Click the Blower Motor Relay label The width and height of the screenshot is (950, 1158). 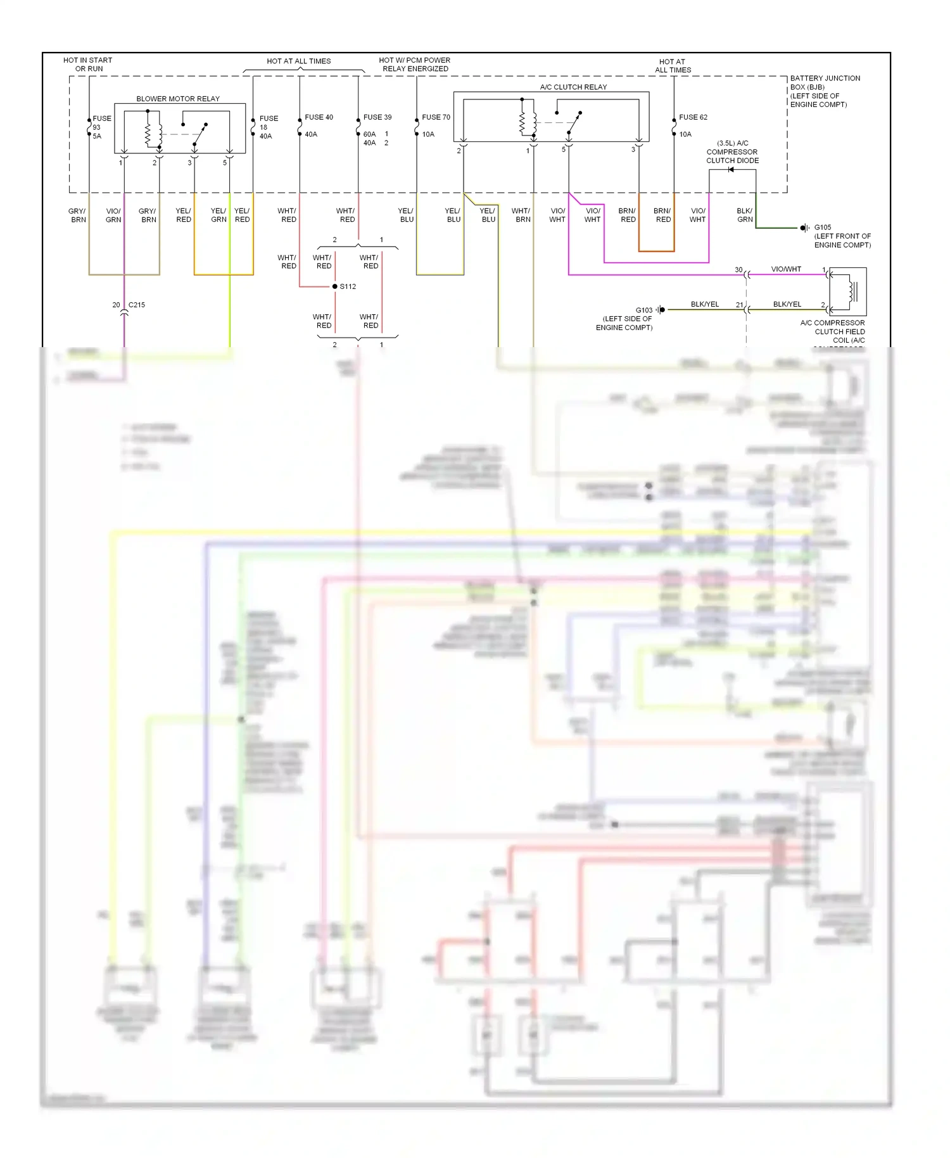[178, 99]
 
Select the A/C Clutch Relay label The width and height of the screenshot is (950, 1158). [573, 87]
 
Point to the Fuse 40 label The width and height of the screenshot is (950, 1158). [319, 117]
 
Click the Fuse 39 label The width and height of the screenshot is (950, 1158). [377, 117]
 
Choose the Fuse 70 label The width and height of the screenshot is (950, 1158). [436, 117]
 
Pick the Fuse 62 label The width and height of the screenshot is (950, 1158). [693, 117]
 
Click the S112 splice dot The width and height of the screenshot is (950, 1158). [335, 286]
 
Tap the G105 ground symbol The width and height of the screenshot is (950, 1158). [804, 227]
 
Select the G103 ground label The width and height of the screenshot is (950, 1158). [643, 310]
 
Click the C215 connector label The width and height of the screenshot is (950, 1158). [137, 305]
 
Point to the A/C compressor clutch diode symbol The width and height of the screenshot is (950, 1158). [731, 170]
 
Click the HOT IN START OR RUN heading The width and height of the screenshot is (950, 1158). [88, 65]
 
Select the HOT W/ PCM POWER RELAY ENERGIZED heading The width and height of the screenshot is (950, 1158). [415, 65]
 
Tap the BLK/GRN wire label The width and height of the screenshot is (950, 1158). [745, 215]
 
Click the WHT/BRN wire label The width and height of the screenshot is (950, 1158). [522, 215]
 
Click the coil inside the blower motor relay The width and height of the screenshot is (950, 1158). [148, 134]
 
